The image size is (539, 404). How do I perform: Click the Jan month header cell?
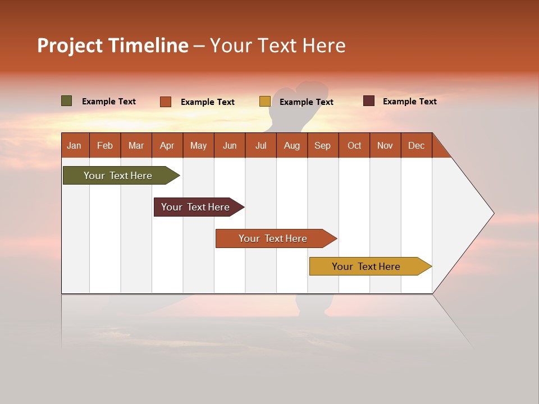pos(75,145)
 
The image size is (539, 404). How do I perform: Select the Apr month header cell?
pos(167,145)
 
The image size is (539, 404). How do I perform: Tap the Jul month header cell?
pos(261,145)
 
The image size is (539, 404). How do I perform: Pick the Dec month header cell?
pos(416,145)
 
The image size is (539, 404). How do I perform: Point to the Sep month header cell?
pos(322,145)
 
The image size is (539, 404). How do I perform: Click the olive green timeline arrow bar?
pos(118,176)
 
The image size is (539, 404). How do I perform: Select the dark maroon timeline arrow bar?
pos(195,207)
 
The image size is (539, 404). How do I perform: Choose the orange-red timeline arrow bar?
pos(273,238)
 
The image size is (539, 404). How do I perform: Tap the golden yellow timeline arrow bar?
pos(366,267)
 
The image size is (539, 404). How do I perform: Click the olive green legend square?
pos(67,101)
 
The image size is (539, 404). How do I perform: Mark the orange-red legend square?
pos(166,102)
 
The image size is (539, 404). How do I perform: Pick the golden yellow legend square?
pos(265,102)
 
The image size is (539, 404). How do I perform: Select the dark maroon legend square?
pos(369,101)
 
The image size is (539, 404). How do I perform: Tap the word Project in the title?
pos(71,45)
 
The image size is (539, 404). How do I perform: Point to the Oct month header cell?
pos(354,145)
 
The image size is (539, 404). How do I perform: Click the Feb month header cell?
pos(105,145)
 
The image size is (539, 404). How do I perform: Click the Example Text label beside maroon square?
pos(409,101)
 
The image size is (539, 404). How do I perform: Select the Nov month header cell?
pos(385,145)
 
